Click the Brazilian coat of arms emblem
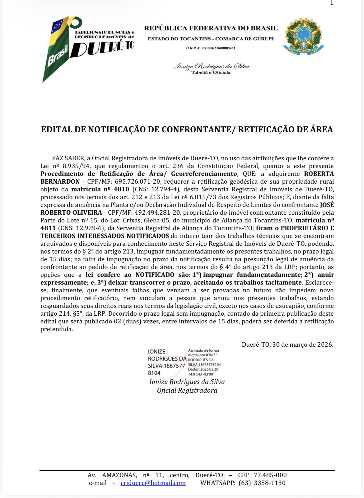(x=303, y=37)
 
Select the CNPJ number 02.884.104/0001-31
(x=219, y=48)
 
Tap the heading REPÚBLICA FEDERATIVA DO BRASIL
(x=211, y=28)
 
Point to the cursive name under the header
(x=211, y=66)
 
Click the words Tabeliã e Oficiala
(x=211, y=73)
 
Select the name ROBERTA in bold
(x=319, y=174)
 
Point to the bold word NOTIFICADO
(x=155, y=275)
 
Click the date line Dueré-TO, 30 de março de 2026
(x=287, y=345)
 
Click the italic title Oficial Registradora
(x=187, y=391)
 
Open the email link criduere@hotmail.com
(x=153, y=483)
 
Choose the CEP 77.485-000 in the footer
(x=270, y=475)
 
